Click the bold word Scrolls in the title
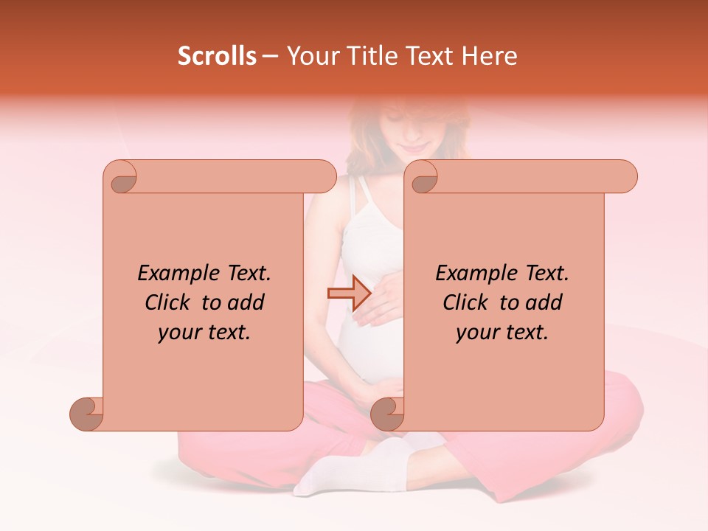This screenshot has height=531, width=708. pos(217,56)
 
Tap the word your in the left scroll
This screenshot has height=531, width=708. pos(177,333)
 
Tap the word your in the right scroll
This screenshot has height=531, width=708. pos(475,333)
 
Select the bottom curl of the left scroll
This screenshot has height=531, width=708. pos(87,414)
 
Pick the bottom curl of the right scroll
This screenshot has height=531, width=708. pos(387,414)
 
